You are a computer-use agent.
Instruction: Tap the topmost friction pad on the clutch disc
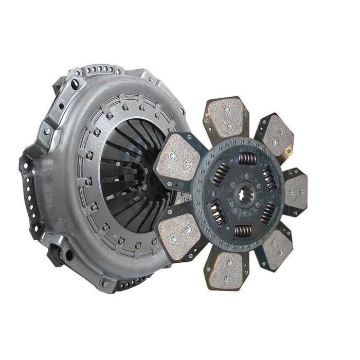[x=227, y=117]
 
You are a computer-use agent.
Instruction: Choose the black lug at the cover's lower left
[x=55, y=255]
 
